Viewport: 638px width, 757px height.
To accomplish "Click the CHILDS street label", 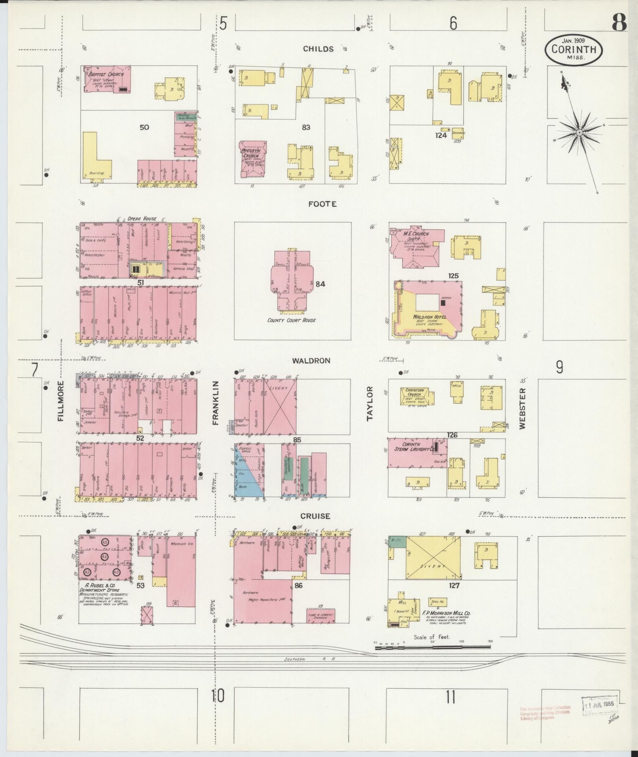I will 318,49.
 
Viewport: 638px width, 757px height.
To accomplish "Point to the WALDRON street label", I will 311,360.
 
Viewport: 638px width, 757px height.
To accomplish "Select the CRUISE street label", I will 315,516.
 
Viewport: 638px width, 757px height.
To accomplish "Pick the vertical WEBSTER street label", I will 523,408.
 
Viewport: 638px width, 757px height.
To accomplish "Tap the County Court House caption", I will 292,320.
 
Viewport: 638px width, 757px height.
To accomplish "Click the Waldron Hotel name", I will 430,317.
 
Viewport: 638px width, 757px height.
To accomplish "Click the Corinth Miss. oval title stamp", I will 574,49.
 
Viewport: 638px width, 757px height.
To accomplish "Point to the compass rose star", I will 579,132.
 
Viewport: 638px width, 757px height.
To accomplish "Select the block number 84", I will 320,284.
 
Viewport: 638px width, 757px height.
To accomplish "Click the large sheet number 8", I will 619,24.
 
